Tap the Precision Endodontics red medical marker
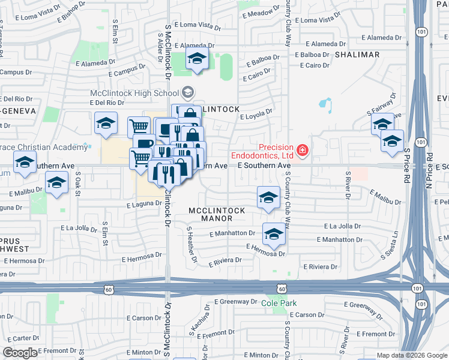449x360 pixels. [303, 151]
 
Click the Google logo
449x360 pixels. [20, 353]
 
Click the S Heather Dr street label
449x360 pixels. [191, 245]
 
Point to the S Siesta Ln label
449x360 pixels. [389, 246]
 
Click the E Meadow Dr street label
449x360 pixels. [257, 13]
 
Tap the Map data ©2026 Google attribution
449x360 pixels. [411, 355]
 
